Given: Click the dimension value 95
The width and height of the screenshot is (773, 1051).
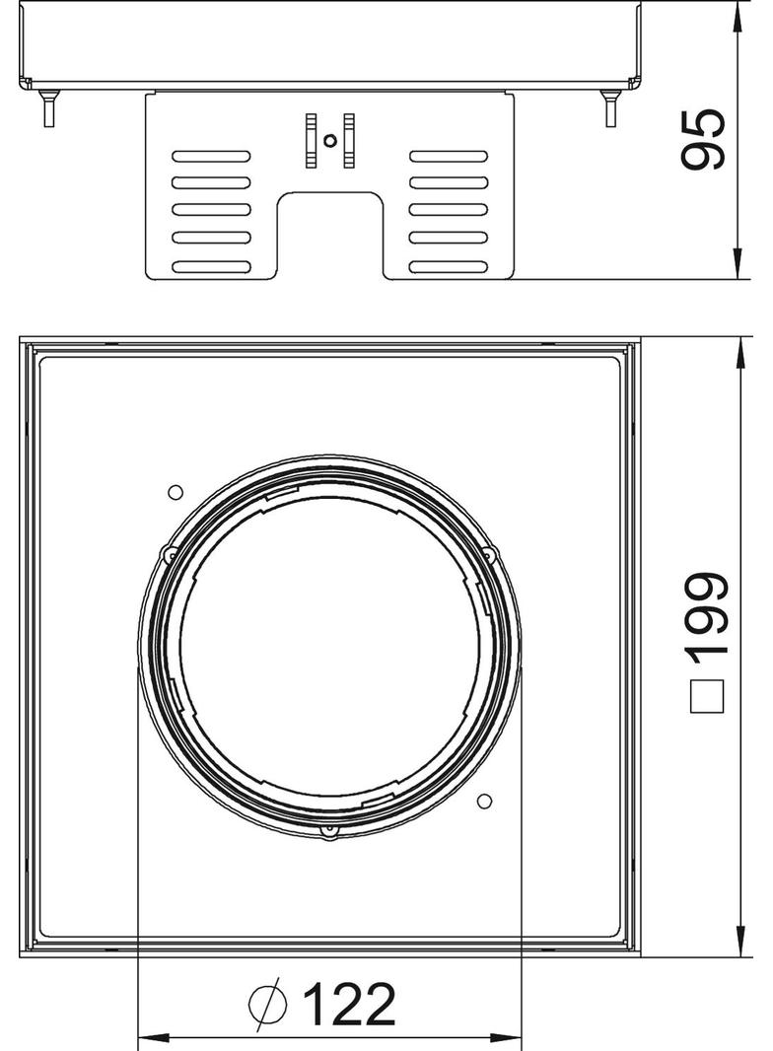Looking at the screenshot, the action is coord(703,139).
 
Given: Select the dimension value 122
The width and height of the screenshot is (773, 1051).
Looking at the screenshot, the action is coord(349,1005).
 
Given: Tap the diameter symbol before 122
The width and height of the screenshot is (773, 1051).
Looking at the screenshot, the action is coord(267,1004).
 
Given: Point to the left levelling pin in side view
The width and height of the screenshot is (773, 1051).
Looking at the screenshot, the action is coord(48,107).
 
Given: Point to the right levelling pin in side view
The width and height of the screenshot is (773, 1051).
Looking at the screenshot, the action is coord(610,107).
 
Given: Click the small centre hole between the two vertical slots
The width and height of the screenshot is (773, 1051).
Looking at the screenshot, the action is coord(329,141).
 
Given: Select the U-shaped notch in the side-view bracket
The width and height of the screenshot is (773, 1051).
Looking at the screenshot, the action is coord(330,235).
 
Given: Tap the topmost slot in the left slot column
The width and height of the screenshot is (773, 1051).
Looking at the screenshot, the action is coord(211,156).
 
